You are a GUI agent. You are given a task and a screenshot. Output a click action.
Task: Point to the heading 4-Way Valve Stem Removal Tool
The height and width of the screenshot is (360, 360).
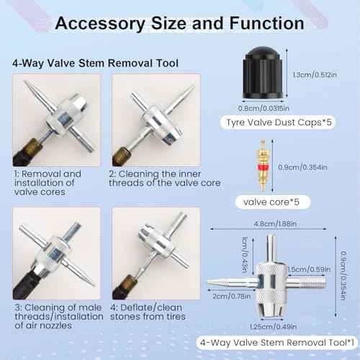coord(95,62)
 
